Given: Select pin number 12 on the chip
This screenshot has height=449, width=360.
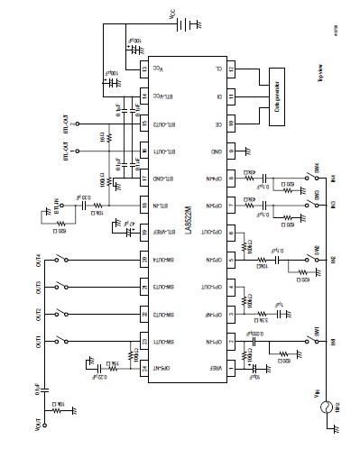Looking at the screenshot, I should point(230,69).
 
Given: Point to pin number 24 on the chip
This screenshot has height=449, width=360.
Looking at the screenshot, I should point(143,367).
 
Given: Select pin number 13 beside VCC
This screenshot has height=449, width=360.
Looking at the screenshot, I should point(143,69).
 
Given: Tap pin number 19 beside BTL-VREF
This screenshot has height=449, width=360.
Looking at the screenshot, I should point(143,232).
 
